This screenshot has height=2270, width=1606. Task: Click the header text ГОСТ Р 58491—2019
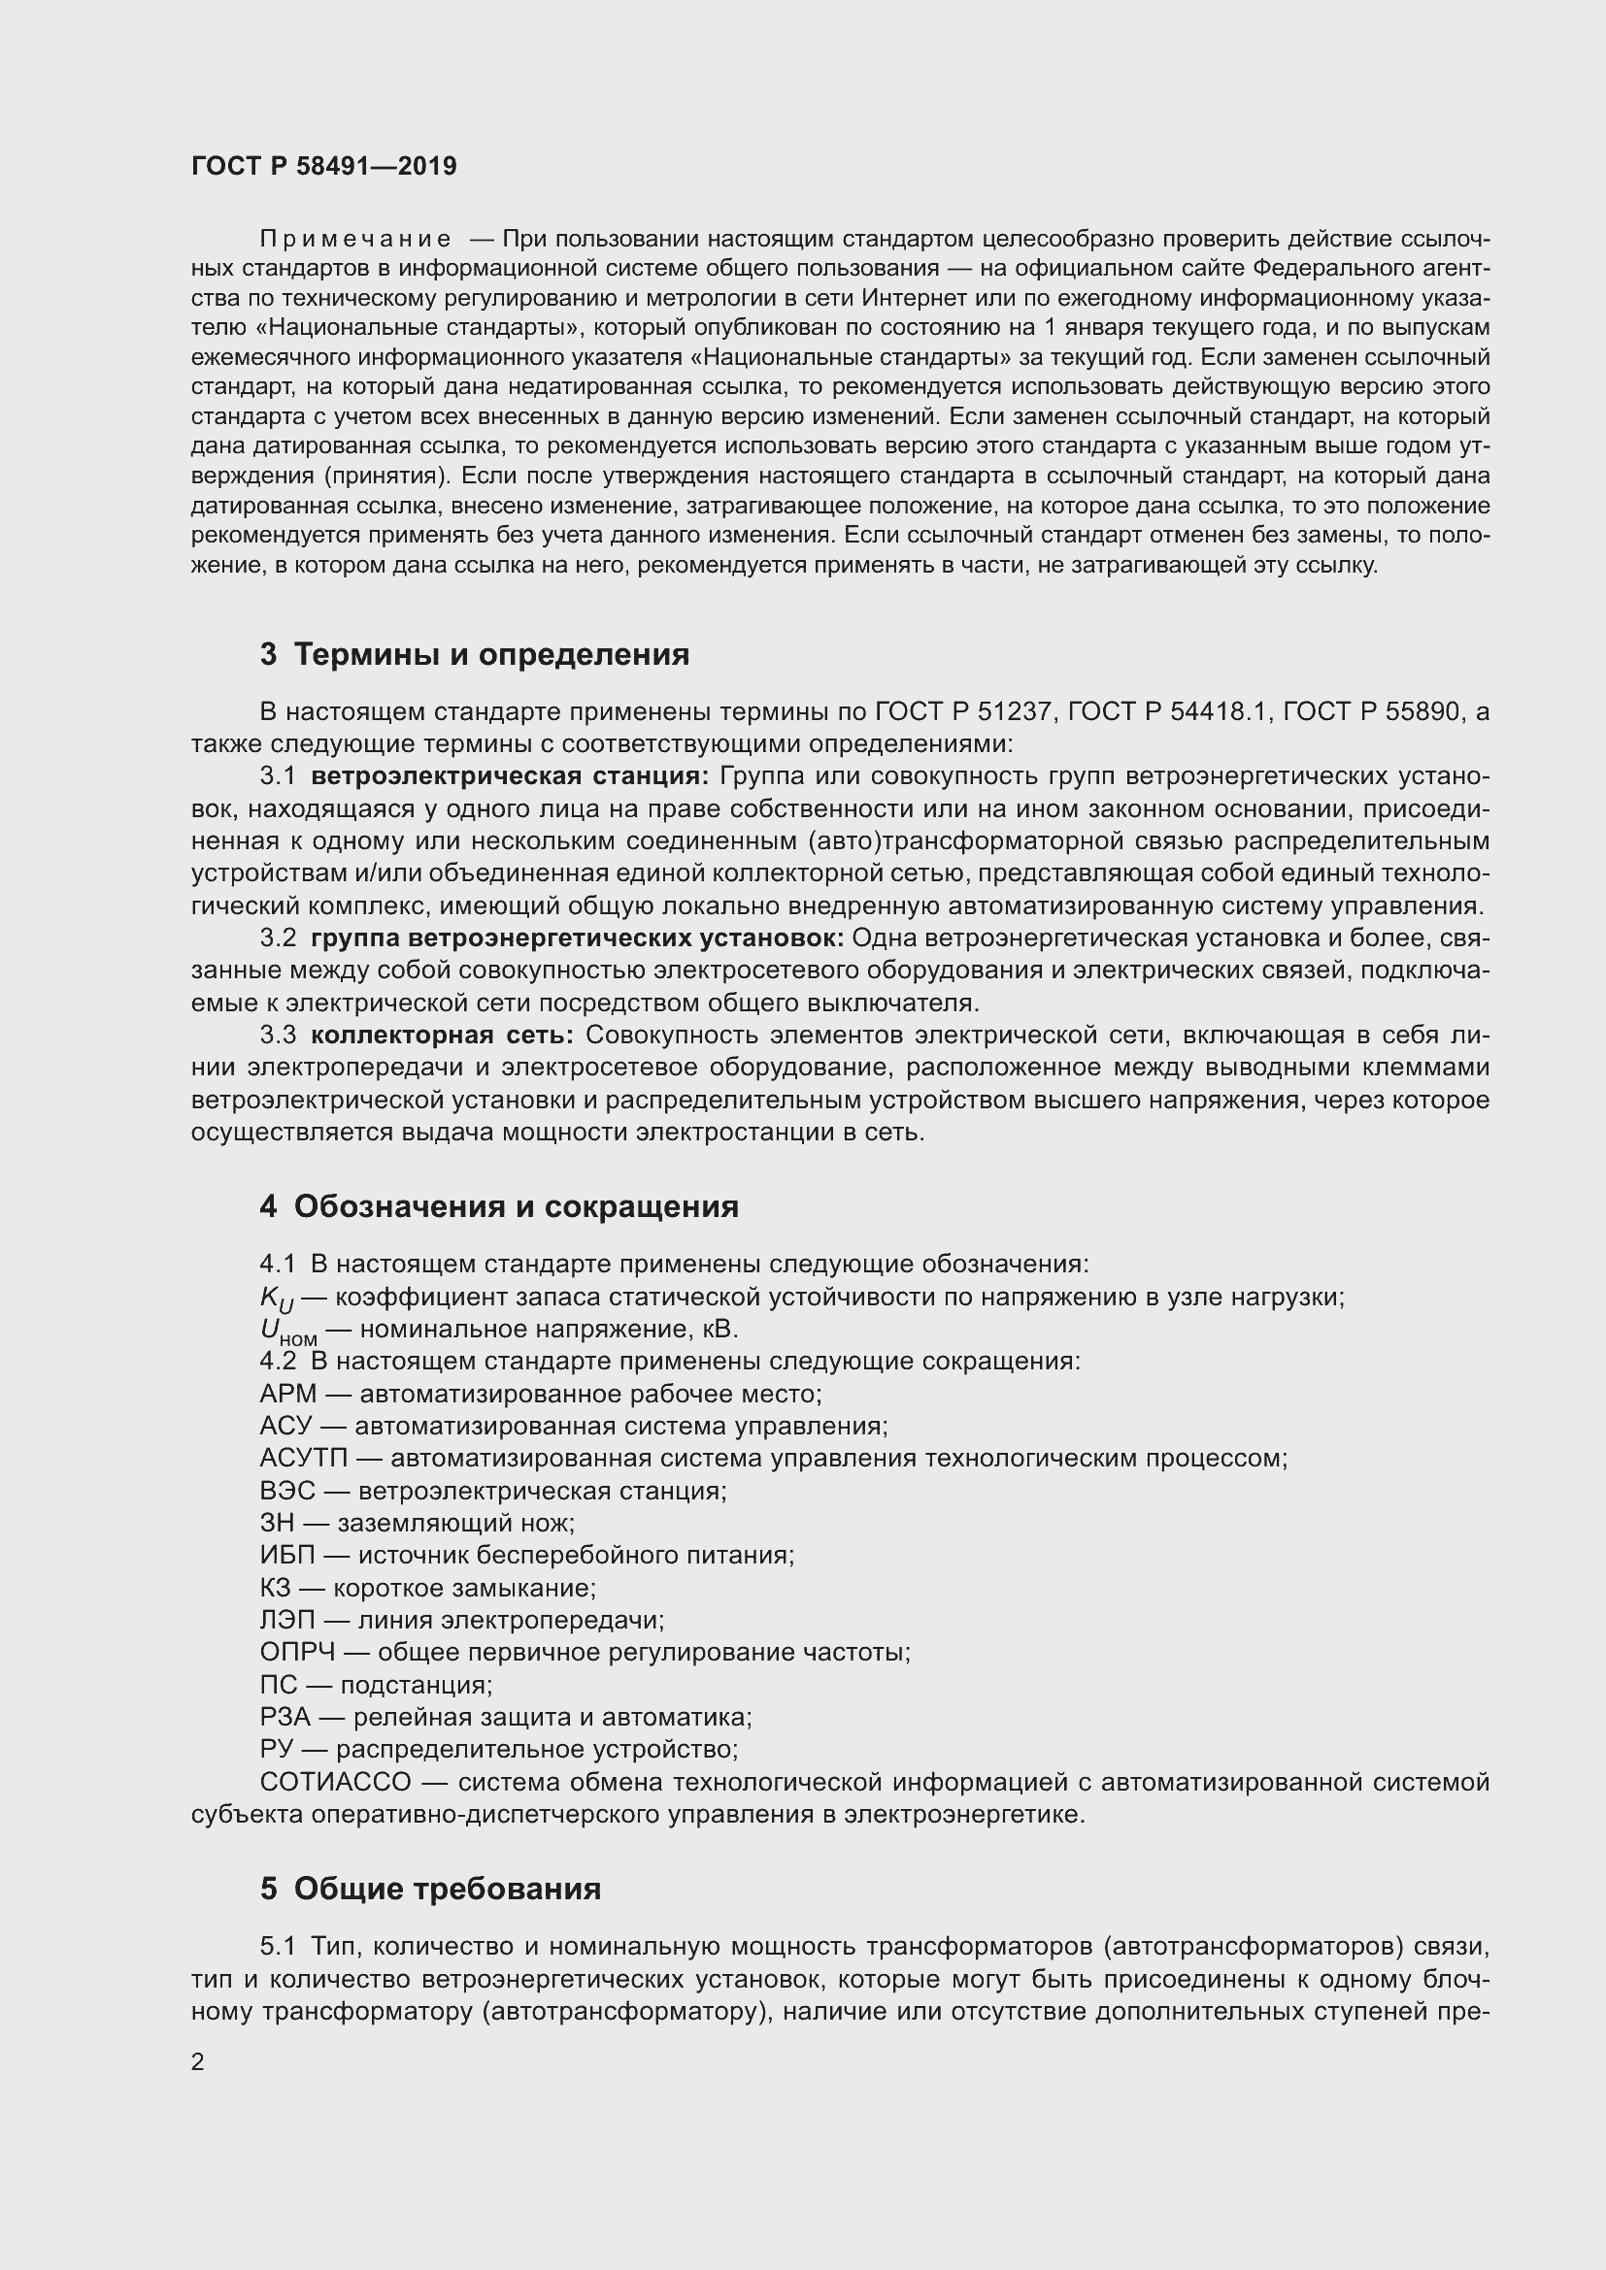[x=323, y=166]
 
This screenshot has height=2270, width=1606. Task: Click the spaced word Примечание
[x=355, y=240]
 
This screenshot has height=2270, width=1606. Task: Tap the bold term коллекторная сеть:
[x=442, y=1036]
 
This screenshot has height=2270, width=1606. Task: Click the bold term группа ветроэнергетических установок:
[x=577, y=938]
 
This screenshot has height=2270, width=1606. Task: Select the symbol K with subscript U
[x=276, y=1299]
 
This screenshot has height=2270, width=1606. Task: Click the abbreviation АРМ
[x=287, y=1394]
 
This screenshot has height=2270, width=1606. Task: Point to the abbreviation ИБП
[x=286, y=1555]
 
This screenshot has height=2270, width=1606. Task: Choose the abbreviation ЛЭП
[x=286, y=1620]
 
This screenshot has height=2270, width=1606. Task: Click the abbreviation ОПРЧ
[x=298, y=1652]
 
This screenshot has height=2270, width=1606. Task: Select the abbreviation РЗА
[x=284, y=1718]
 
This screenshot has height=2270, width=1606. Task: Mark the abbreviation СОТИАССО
[x=335, y=1782]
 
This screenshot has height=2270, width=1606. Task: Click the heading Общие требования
[x=447, y=1889]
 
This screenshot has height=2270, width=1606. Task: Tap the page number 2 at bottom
[x=198, y=2061]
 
